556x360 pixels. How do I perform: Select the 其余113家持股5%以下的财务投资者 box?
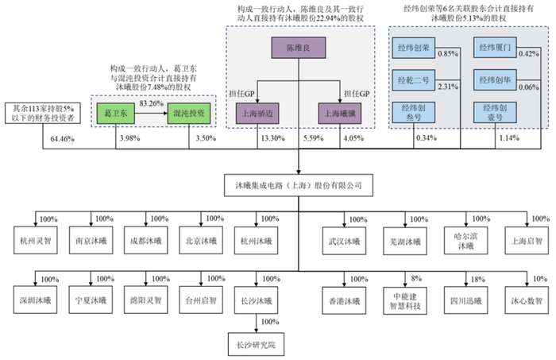(x=43, y=114)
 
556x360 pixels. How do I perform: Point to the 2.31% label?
(x=449, y=86)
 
